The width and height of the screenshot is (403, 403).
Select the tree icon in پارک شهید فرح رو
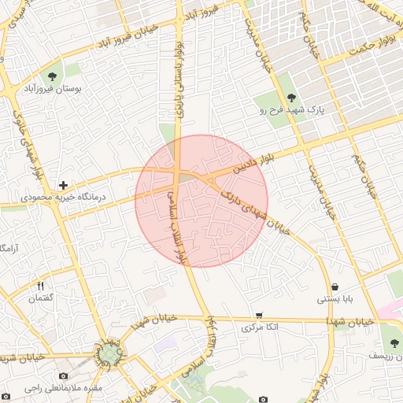click(x=292, y=98)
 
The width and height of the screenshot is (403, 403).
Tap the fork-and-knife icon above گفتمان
click(x=40, y=285)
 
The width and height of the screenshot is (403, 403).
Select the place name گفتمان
click(x=40, y=298)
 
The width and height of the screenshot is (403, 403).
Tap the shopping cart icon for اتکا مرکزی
click(x=259, y=315)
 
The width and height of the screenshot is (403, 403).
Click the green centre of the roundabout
click(x=109, y=354)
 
